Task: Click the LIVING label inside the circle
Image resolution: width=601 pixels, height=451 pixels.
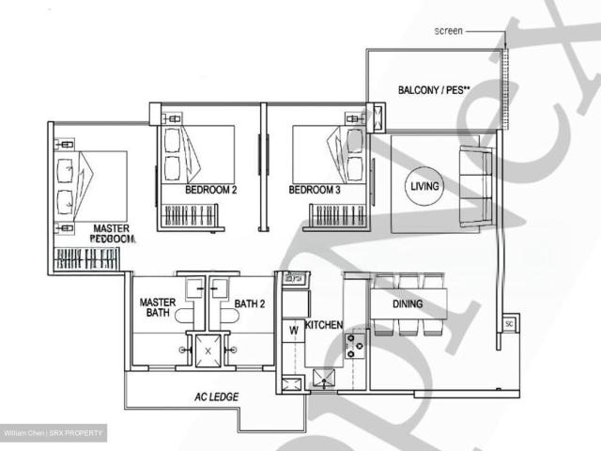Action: [x=424, y=186]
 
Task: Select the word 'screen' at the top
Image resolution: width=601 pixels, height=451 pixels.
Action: [x=448, y=31]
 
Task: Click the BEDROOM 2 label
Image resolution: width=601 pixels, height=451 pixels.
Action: [x=210, y=190]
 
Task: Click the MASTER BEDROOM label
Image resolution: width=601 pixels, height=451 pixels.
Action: [x=112, y=233]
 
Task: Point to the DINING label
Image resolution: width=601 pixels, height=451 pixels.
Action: [x=408, y=303]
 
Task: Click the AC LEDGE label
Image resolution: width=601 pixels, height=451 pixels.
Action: [x=215, y=397]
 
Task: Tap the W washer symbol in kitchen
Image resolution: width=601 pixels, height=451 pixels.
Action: [x=293, y=329]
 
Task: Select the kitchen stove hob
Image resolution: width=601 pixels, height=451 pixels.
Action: [x=356, y=346]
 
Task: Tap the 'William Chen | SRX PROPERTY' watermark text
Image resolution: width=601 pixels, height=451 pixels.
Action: [x=53, y=433]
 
